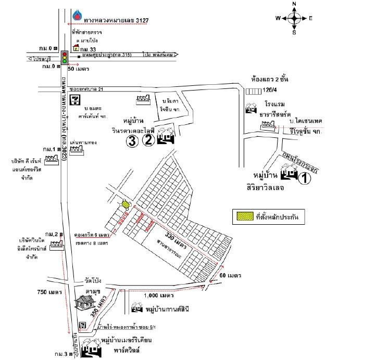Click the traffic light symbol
click(x=65, y=57)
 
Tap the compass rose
click(x=294, y=19)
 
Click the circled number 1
click(x=304, y=178)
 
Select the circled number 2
click(x=149, y=139)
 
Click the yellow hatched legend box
click(x=243, y=215)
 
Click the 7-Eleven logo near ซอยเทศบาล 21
click(x=76, y=99)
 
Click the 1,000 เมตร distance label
click(x=159, y=295)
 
